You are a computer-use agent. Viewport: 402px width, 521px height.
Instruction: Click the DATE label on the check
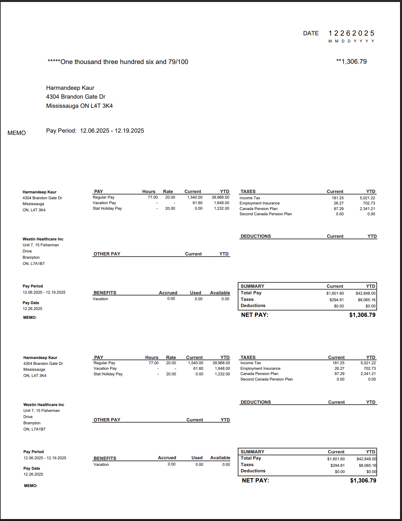click(x=311, y=33)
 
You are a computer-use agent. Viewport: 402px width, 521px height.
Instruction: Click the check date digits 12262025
click(x=351, y=33)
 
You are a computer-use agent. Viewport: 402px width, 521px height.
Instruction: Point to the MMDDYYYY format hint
click(x=351, y=41)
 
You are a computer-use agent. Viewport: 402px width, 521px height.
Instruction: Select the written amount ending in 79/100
click(x=118, y=62)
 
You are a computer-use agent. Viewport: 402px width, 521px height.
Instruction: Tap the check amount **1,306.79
click(x=351, y=62)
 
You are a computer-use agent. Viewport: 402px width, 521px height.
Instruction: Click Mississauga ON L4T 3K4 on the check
click(x=79, y=106)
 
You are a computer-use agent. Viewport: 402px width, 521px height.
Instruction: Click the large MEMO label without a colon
click(x=17, y=133)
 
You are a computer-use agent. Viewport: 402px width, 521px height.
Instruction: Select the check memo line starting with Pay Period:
click(x=95, y=131)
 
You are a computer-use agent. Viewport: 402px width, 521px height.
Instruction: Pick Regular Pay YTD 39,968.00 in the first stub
click(x=220, y=197)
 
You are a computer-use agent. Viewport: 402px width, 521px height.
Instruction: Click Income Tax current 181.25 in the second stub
click(x=338, y=363)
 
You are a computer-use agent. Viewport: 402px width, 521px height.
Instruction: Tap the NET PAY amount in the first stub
click(x=362, y=315)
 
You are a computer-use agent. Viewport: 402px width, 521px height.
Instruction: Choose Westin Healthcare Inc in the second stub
click(x=44, y=405)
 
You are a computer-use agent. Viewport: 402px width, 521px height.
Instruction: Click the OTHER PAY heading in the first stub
click(x=107, y=254)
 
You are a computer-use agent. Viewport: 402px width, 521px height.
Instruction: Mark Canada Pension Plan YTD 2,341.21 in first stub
click(x=367, y=209)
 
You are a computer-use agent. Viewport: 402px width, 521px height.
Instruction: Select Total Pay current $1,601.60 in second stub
click(x=336, y=459)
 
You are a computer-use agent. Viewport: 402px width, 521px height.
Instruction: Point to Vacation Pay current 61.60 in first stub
click(x=197, y=203)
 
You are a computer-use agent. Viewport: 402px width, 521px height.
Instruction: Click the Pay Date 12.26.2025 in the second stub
click(x=33, y=474)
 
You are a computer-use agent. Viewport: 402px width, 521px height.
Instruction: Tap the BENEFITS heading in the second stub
click(x=105, y=458)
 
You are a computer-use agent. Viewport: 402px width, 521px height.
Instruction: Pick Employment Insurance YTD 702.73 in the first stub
click(x=369, y=203)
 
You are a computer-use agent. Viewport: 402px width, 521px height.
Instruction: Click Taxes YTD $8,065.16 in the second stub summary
click(x=367, y=465)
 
